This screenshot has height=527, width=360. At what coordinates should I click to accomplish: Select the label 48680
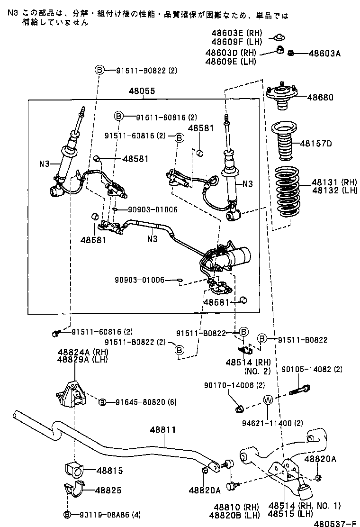pos(320,98)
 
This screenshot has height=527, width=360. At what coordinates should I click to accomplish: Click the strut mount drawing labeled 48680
pos(282,97)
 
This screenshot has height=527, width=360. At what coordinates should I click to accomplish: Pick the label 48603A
pos(324,54)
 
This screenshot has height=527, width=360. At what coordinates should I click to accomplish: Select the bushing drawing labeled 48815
pos(73,469)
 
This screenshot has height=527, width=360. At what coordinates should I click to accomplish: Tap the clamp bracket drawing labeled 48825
pos(73,489)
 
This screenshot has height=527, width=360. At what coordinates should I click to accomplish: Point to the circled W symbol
pos(268,400)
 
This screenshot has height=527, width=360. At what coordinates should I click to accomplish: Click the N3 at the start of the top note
pos(13,15)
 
